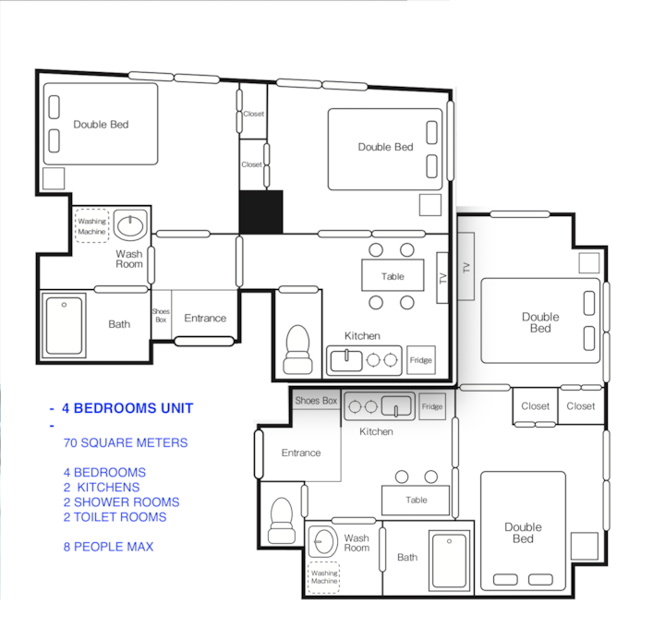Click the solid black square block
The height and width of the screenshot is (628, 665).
(260, 212)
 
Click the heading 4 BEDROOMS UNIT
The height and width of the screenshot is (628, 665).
(127, 408)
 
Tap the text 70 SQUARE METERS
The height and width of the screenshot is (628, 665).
(126, 442)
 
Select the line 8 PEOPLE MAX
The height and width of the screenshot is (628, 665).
(109, 547)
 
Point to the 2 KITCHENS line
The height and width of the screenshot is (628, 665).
(102, 488)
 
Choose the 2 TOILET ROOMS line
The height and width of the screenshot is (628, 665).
(115, 517)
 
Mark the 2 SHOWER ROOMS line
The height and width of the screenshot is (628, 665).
(122, 502)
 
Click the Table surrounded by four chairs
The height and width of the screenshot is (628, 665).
(393, 275)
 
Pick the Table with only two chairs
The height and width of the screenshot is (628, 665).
(416, 500)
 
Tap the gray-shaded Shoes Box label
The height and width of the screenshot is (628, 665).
(316, 400)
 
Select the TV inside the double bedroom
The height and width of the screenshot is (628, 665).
(466, 267)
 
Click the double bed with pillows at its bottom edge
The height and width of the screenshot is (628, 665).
(523, 531)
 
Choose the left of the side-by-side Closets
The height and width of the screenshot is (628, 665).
(535, 405)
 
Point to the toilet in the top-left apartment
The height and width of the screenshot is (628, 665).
(297, 349)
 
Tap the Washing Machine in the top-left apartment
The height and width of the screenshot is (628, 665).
(92, 226)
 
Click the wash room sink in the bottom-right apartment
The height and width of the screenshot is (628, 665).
(322, 541)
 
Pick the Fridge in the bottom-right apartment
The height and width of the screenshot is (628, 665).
(432, 406)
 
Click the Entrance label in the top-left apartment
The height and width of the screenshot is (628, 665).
(205, 318)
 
